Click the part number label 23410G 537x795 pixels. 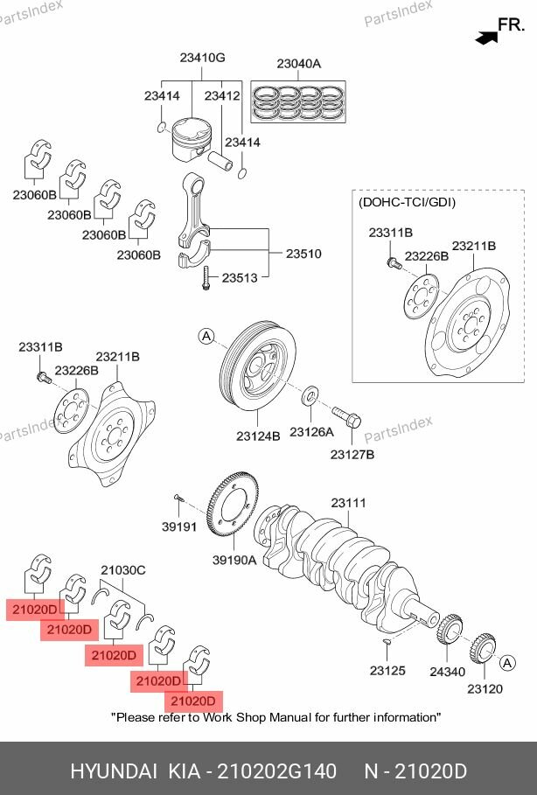[203, 59]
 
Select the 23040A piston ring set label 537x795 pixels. [299, 64]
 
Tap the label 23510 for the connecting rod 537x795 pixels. [303, 255]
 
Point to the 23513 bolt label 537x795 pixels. [239, 278]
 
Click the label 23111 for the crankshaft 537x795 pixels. [348, 504]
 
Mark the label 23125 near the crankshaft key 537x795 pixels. [387, 672]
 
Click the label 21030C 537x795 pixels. [123, 570]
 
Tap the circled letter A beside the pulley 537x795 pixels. [205, 336]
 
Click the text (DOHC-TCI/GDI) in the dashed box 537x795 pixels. [407, 202]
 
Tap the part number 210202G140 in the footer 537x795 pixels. [275, 771]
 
